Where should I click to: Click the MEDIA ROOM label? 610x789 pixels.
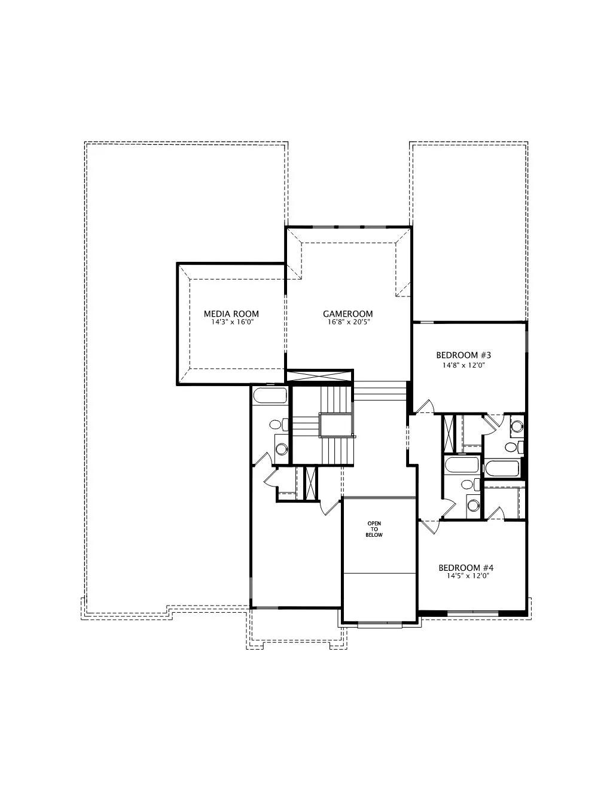coord(231,314)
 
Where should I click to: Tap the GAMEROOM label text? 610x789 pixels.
coord(347,314)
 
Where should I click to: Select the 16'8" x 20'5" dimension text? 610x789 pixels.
coord(347,322)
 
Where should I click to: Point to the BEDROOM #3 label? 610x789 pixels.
coord(463,354)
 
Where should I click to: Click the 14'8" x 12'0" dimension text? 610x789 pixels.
coord(463,365)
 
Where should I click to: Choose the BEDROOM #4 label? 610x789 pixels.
coord(466,567)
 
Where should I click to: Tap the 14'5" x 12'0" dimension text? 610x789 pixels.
coord(466,576)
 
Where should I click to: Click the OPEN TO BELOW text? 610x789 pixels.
coord(374,529)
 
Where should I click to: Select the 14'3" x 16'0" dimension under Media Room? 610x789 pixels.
coord(231,322)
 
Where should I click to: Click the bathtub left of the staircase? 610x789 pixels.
coord(270,396)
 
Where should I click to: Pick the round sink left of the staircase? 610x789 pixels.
coord(281,449)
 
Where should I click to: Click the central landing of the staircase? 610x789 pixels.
coord(336,425)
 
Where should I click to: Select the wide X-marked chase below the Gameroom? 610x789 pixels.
coord(319,376)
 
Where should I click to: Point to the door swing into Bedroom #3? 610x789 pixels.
coord(425,406)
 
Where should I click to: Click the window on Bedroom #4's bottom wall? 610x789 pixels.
coord(472,613)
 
